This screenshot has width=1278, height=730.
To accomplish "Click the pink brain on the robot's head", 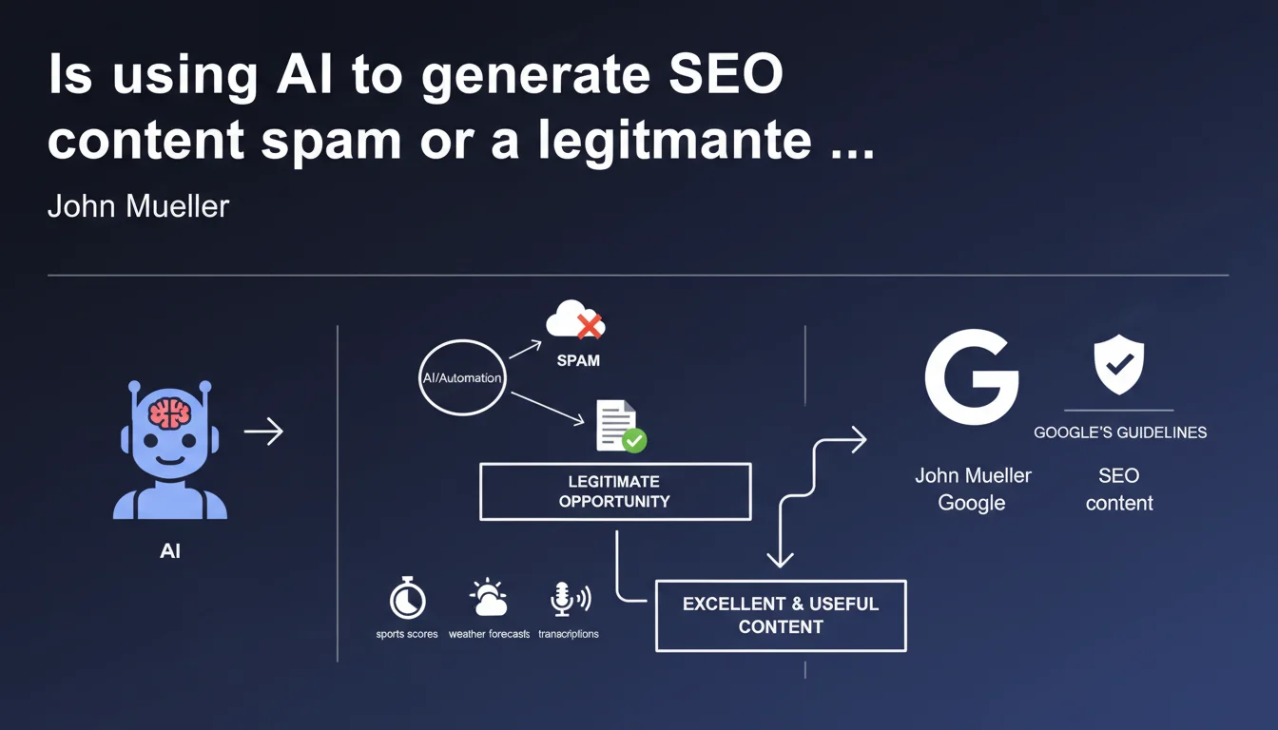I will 169,413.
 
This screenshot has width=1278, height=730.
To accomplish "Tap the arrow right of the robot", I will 263,432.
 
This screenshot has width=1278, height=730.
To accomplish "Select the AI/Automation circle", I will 462,378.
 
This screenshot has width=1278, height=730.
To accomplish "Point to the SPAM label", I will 578,361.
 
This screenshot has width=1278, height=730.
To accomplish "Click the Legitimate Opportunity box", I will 614,491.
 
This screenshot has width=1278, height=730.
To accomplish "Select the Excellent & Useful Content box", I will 781,615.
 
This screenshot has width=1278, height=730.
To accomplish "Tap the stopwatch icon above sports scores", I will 407,599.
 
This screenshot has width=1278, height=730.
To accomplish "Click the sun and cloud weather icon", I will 489,598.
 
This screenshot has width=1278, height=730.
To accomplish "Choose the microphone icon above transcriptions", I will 569,599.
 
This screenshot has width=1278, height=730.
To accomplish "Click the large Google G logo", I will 971,376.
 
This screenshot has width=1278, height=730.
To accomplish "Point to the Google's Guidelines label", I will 1120,432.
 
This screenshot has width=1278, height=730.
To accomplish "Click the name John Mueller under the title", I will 138,206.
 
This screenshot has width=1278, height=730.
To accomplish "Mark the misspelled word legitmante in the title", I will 674,140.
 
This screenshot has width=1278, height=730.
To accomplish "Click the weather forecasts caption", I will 489,634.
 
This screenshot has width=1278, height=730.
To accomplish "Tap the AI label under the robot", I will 170,551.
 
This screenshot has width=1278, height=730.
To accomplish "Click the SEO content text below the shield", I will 1119,490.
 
